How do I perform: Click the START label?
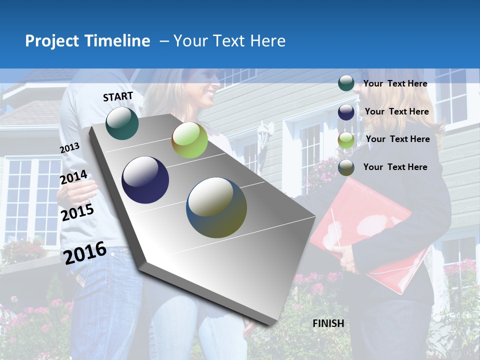118,96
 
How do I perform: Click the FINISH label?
328,323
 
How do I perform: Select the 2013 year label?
69,148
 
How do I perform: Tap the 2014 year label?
73,177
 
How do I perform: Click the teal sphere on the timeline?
122,123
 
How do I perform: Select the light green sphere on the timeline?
189,140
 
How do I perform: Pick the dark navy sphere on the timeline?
145,180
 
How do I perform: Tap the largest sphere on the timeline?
216,207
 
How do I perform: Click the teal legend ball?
346,83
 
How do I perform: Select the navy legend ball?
346,112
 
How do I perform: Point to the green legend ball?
346,140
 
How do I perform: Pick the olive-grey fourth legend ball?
346,167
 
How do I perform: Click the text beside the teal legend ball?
395,83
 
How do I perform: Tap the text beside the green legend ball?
397,139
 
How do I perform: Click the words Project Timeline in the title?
87,41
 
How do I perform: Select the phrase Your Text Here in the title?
229,41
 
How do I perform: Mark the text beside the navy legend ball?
396,111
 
